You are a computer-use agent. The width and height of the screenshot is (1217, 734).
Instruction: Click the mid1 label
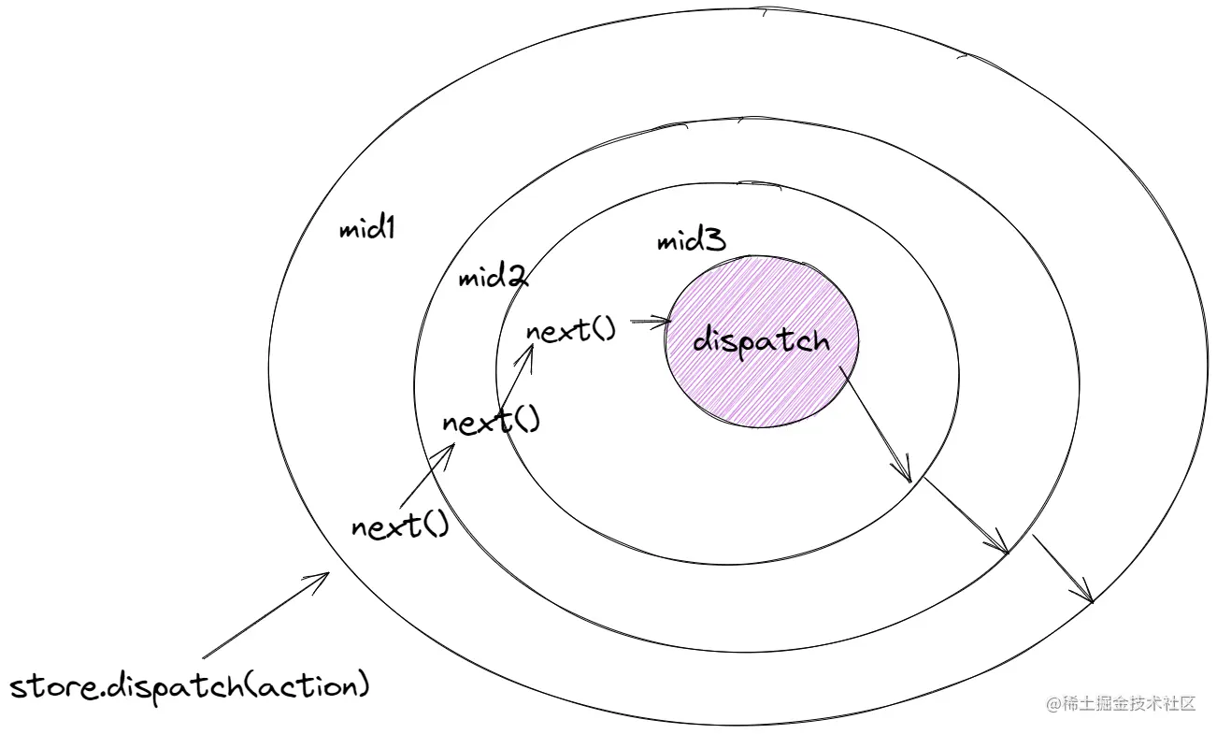click(366, 228)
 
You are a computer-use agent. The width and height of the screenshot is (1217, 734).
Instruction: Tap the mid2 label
click(494, 279)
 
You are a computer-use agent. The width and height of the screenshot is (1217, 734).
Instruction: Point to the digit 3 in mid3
click(713, 241)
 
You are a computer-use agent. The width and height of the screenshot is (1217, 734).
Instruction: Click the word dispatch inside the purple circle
click(761, 341)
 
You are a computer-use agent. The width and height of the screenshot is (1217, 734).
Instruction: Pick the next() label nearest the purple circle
click(571, 332)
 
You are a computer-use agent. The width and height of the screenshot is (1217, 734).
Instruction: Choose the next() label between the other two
click(492, 423)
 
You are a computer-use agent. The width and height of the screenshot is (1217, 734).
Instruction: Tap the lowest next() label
click(400, 526)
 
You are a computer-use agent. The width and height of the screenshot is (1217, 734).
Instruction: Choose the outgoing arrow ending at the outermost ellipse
click(1062, 568)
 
